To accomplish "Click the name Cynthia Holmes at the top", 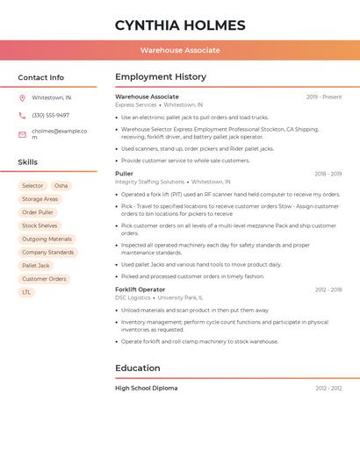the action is coord(180,25).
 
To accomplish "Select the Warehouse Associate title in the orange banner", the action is coord(180,50).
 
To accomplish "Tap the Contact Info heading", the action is coord(40,77).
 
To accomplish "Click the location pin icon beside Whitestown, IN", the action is coord(22,97).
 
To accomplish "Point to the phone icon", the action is coord(22,115).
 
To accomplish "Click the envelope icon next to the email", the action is coord(22,134).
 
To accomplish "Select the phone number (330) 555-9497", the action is coord(50,115).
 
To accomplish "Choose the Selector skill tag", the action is coord(32,186).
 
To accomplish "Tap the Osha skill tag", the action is coord(61,186).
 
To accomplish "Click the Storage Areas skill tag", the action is coord(40,199).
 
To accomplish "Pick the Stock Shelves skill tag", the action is coord(40,225).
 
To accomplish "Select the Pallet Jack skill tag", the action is coord(36,265).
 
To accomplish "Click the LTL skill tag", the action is coord(26,292).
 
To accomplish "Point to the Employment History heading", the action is coord(161,77).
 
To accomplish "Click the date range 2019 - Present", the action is coord(324,97).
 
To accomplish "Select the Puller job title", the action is coord(124,174).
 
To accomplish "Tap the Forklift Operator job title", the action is coord(140,290).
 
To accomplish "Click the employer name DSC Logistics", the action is coord(133,297).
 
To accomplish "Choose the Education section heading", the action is coord(138,368).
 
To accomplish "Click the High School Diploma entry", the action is coord(146,388).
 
